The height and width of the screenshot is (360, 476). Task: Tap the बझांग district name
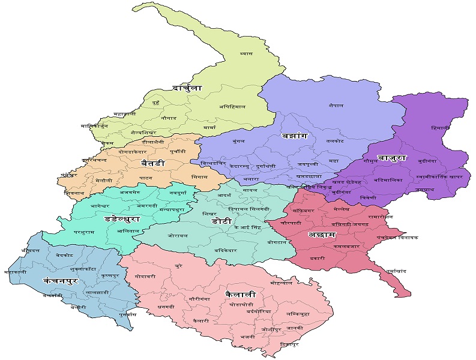[x=294, y=136]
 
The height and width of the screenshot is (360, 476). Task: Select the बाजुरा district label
[x=392, y=159]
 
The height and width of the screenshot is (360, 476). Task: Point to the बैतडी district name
[x=153, y=164]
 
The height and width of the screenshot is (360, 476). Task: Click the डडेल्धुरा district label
[x=123, y=220]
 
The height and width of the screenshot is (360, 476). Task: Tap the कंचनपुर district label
[x=61, y=280]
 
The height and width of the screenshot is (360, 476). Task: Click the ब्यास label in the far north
[x=246, y=53]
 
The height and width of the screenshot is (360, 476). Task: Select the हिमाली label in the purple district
[x=441, y=128]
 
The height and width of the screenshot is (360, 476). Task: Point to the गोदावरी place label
[x=145, y=277]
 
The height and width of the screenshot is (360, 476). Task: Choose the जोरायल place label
[x=178, y=236]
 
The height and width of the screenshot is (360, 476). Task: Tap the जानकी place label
[x=295, y=328]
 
